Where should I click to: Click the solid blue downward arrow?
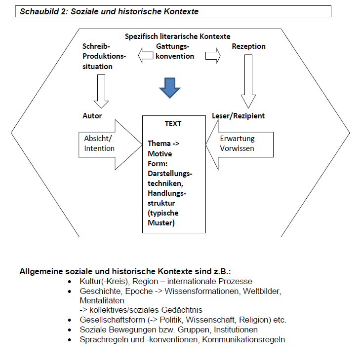[x=169, y=87]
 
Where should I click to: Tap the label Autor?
[x=92, y=116]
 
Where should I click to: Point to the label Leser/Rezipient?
[x=238, y=116]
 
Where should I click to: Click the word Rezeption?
[x=248, y=46]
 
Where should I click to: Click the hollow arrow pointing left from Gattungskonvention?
[x=146, y=56]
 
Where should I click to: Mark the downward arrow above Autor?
[x=101, y=91]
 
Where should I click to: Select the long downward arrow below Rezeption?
[x=248, y=81]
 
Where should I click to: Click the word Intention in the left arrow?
[x=99, y=148]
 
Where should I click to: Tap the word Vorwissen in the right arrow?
[x=237, y=148]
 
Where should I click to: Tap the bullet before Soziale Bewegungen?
[x=71, y=329]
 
